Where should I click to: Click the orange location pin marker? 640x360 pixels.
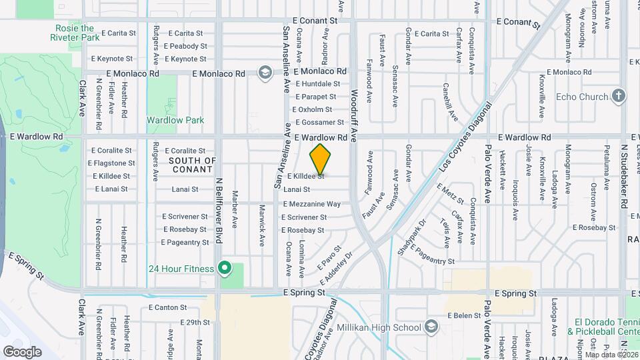click(x=320, y=159)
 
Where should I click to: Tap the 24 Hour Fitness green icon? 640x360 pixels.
click(x=225, y=269)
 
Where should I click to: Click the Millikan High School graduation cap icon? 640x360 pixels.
click(x=431, y=327)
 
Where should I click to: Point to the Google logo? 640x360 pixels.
click(x=22, y=351)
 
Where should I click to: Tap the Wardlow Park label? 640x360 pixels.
click(x=175, y=120)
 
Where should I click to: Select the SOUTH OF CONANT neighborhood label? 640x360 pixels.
click(x=193, y=165)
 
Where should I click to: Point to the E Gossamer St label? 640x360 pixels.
click(x=319, y=122)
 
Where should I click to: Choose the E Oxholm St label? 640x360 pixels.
click(x=319, y=109)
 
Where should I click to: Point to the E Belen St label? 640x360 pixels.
click(x=464, y=315)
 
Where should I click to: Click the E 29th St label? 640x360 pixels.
click(x=195, y=322)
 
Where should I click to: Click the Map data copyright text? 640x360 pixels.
click(x=609, y=354)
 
